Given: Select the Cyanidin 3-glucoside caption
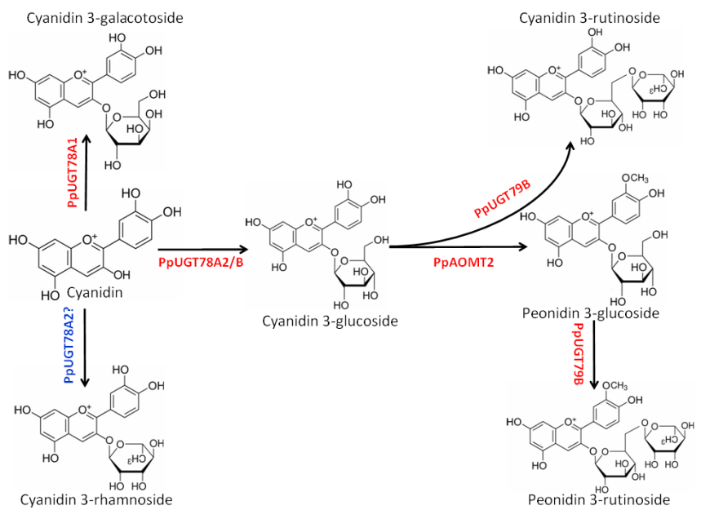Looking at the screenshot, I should (330, 321).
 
